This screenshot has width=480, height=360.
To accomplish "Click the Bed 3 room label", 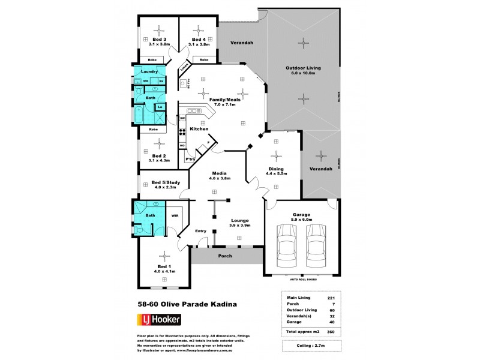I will point(159,40).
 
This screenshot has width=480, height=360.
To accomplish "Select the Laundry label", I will point(149,72).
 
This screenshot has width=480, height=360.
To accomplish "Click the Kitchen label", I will point(199,129).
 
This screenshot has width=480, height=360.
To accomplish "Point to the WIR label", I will point(175,215).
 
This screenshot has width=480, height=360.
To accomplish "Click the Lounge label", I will point(240,221).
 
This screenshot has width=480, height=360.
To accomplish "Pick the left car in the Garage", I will point(286,247).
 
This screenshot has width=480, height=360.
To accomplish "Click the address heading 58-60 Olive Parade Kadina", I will point(187,304).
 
